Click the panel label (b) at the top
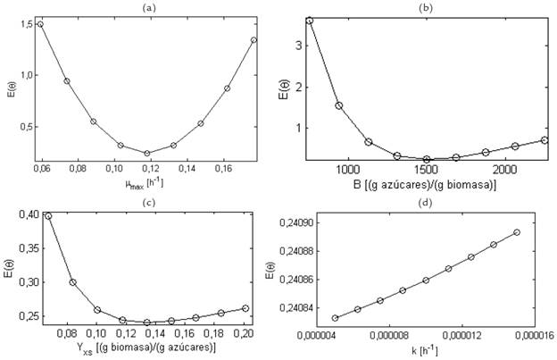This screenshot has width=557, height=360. coord(426,6)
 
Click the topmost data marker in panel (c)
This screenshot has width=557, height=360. coord(48,215)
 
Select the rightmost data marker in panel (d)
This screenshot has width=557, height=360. coord(517,232)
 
